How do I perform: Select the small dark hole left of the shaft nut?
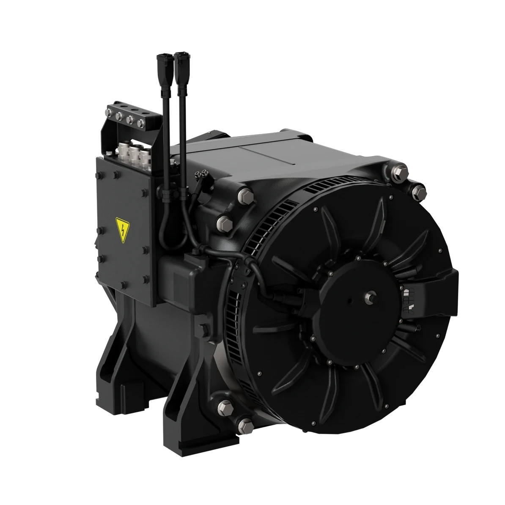[350, 302]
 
